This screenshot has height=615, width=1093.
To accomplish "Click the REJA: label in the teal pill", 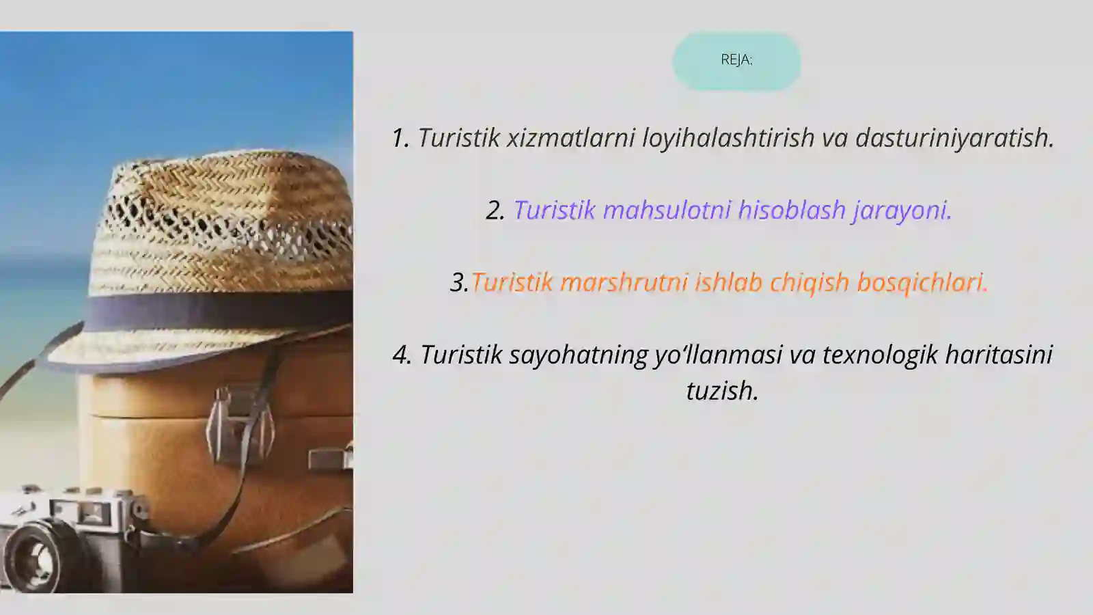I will (736, 60).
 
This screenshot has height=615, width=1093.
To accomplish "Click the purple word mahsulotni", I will (667, 210).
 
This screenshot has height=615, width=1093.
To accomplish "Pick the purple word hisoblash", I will (792, 210).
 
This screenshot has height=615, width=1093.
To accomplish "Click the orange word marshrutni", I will (624, 282).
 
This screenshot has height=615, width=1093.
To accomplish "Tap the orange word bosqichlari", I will (922, 282).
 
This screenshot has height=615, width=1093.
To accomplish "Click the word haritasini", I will (999, 355).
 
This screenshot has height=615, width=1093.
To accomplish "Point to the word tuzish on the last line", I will (722, 392).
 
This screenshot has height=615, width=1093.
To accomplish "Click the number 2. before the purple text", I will (495, 210).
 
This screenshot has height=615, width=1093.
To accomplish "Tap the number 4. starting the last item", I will (402, 355).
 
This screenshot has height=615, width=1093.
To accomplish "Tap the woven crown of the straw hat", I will (225, 219).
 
